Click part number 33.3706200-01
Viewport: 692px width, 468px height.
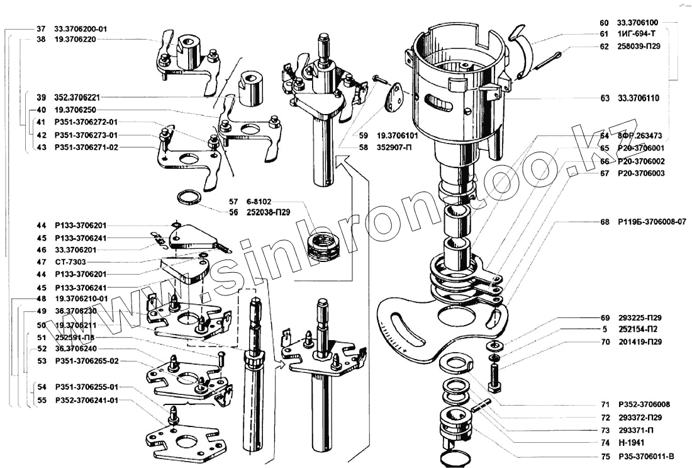click(x=81, y=29)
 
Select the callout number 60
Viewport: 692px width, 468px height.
click(x=604, y=22)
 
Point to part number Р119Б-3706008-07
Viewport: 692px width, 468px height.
click(x=650, y=222)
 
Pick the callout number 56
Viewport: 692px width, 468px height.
click(x=233, y=212)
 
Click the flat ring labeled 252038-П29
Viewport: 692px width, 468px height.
click(x=188, y=199)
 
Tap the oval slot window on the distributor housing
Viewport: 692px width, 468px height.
click(x=440, y=103)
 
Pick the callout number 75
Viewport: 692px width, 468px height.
click(x=604, y=456)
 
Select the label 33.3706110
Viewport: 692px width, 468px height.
click(x=638, y=98)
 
